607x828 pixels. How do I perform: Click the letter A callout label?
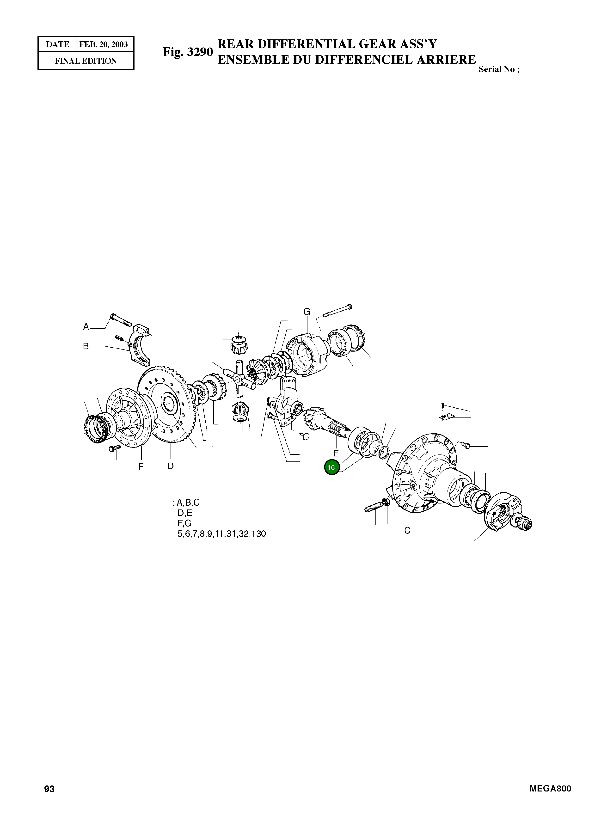pos(86,327)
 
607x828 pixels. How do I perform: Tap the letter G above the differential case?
pos(307,312)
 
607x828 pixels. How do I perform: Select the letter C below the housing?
pos(407,530)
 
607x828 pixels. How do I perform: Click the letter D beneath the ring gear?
pos(171,466)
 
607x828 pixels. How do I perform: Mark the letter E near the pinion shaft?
pos(336,453)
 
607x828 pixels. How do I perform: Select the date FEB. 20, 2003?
pos(104,44)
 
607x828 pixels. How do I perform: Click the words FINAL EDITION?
pos(86,61)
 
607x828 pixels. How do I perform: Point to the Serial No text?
pos(499,69)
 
